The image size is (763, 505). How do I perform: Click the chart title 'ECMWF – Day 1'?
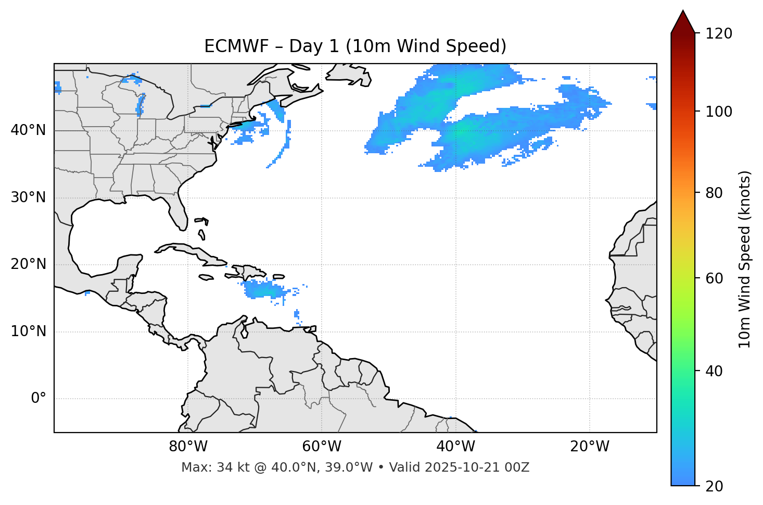[355, 46]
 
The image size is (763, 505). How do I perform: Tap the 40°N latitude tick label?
[28, 130]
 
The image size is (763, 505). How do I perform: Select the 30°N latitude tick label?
[28, 198]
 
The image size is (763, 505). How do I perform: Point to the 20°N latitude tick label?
[28, 264]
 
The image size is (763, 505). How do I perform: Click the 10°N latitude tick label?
[28, 331]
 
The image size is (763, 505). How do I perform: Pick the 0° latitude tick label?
[39, 399]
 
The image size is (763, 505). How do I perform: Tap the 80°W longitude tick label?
[188, 447]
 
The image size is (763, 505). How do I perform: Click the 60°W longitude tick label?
[322, 447]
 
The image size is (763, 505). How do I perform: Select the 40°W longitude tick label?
[455, 447]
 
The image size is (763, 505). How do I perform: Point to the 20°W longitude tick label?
[590, 447]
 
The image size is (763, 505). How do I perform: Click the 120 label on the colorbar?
[719, 34]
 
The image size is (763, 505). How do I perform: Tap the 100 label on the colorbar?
[719, 112]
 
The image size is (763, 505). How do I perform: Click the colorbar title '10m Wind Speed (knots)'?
[745, 259]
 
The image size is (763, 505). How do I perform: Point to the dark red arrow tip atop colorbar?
[683, 21]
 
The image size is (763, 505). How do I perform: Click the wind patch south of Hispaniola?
[263, 289]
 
